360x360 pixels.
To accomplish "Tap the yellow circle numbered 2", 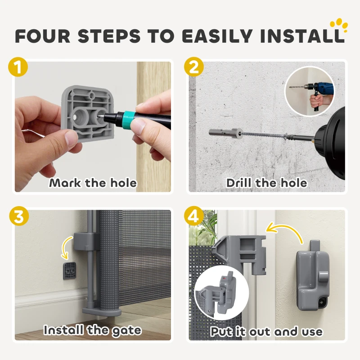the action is pos(194,67).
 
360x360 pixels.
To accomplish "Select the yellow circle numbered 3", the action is pos(19,216).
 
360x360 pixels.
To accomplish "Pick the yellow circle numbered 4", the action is pos(194,216).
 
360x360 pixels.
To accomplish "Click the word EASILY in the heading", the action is pos(217,36).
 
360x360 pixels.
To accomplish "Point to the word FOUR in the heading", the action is pos(43,36).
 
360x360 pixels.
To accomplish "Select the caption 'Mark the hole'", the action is pos(93,183).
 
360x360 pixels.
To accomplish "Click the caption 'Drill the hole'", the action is pos(266,183).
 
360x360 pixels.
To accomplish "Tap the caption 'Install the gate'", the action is pos(93,331).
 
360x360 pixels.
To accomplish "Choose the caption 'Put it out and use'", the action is pos(266,332).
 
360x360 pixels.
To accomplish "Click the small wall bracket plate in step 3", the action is pos(70,271).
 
